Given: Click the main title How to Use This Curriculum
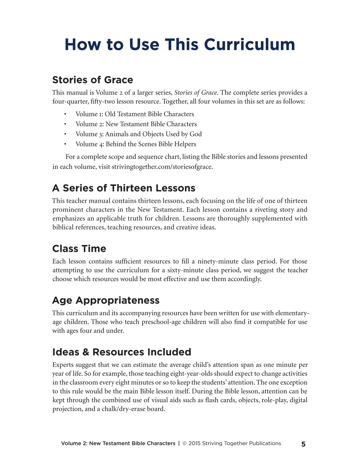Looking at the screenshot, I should click(180, 44).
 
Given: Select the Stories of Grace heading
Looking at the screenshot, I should click(92, 80).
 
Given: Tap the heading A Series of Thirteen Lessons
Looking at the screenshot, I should click(123, 188).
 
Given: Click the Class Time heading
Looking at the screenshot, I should click(79, 249).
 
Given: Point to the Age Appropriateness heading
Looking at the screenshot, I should click(106, 300).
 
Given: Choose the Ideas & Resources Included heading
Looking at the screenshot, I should click(122, 352).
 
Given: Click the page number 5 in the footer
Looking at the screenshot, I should click(303, 444).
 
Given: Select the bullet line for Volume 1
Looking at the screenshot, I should click(135, 114).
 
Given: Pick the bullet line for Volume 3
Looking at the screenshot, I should click(138, 134).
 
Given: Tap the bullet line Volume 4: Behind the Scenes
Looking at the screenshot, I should click(135, 144).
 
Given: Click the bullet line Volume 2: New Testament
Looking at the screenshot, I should click(136, 124).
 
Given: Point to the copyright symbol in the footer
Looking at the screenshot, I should click(185, 443).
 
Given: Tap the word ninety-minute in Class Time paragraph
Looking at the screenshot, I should click(218, 261).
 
